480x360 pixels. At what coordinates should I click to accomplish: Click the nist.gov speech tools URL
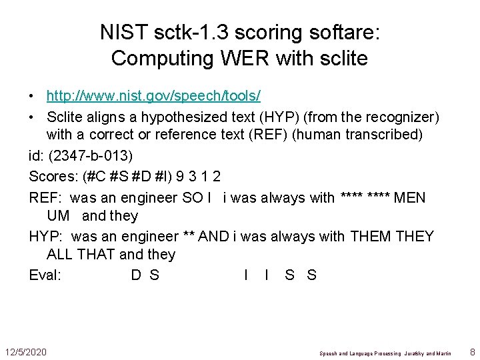(x=153, y=96)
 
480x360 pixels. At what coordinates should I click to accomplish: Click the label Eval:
(x=45, y=275)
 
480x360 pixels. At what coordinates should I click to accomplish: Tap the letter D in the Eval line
(x=136, y=275)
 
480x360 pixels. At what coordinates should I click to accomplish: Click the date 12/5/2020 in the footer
(x=25, y=351)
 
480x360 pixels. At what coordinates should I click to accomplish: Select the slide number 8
(x=472, y=351)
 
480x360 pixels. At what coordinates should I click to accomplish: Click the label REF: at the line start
(x=46, y=197)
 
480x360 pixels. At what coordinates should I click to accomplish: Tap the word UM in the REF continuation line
(x=58, y=216)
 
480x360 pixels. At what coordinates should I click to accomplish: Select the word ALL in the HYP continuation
(x=59, y=255)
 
